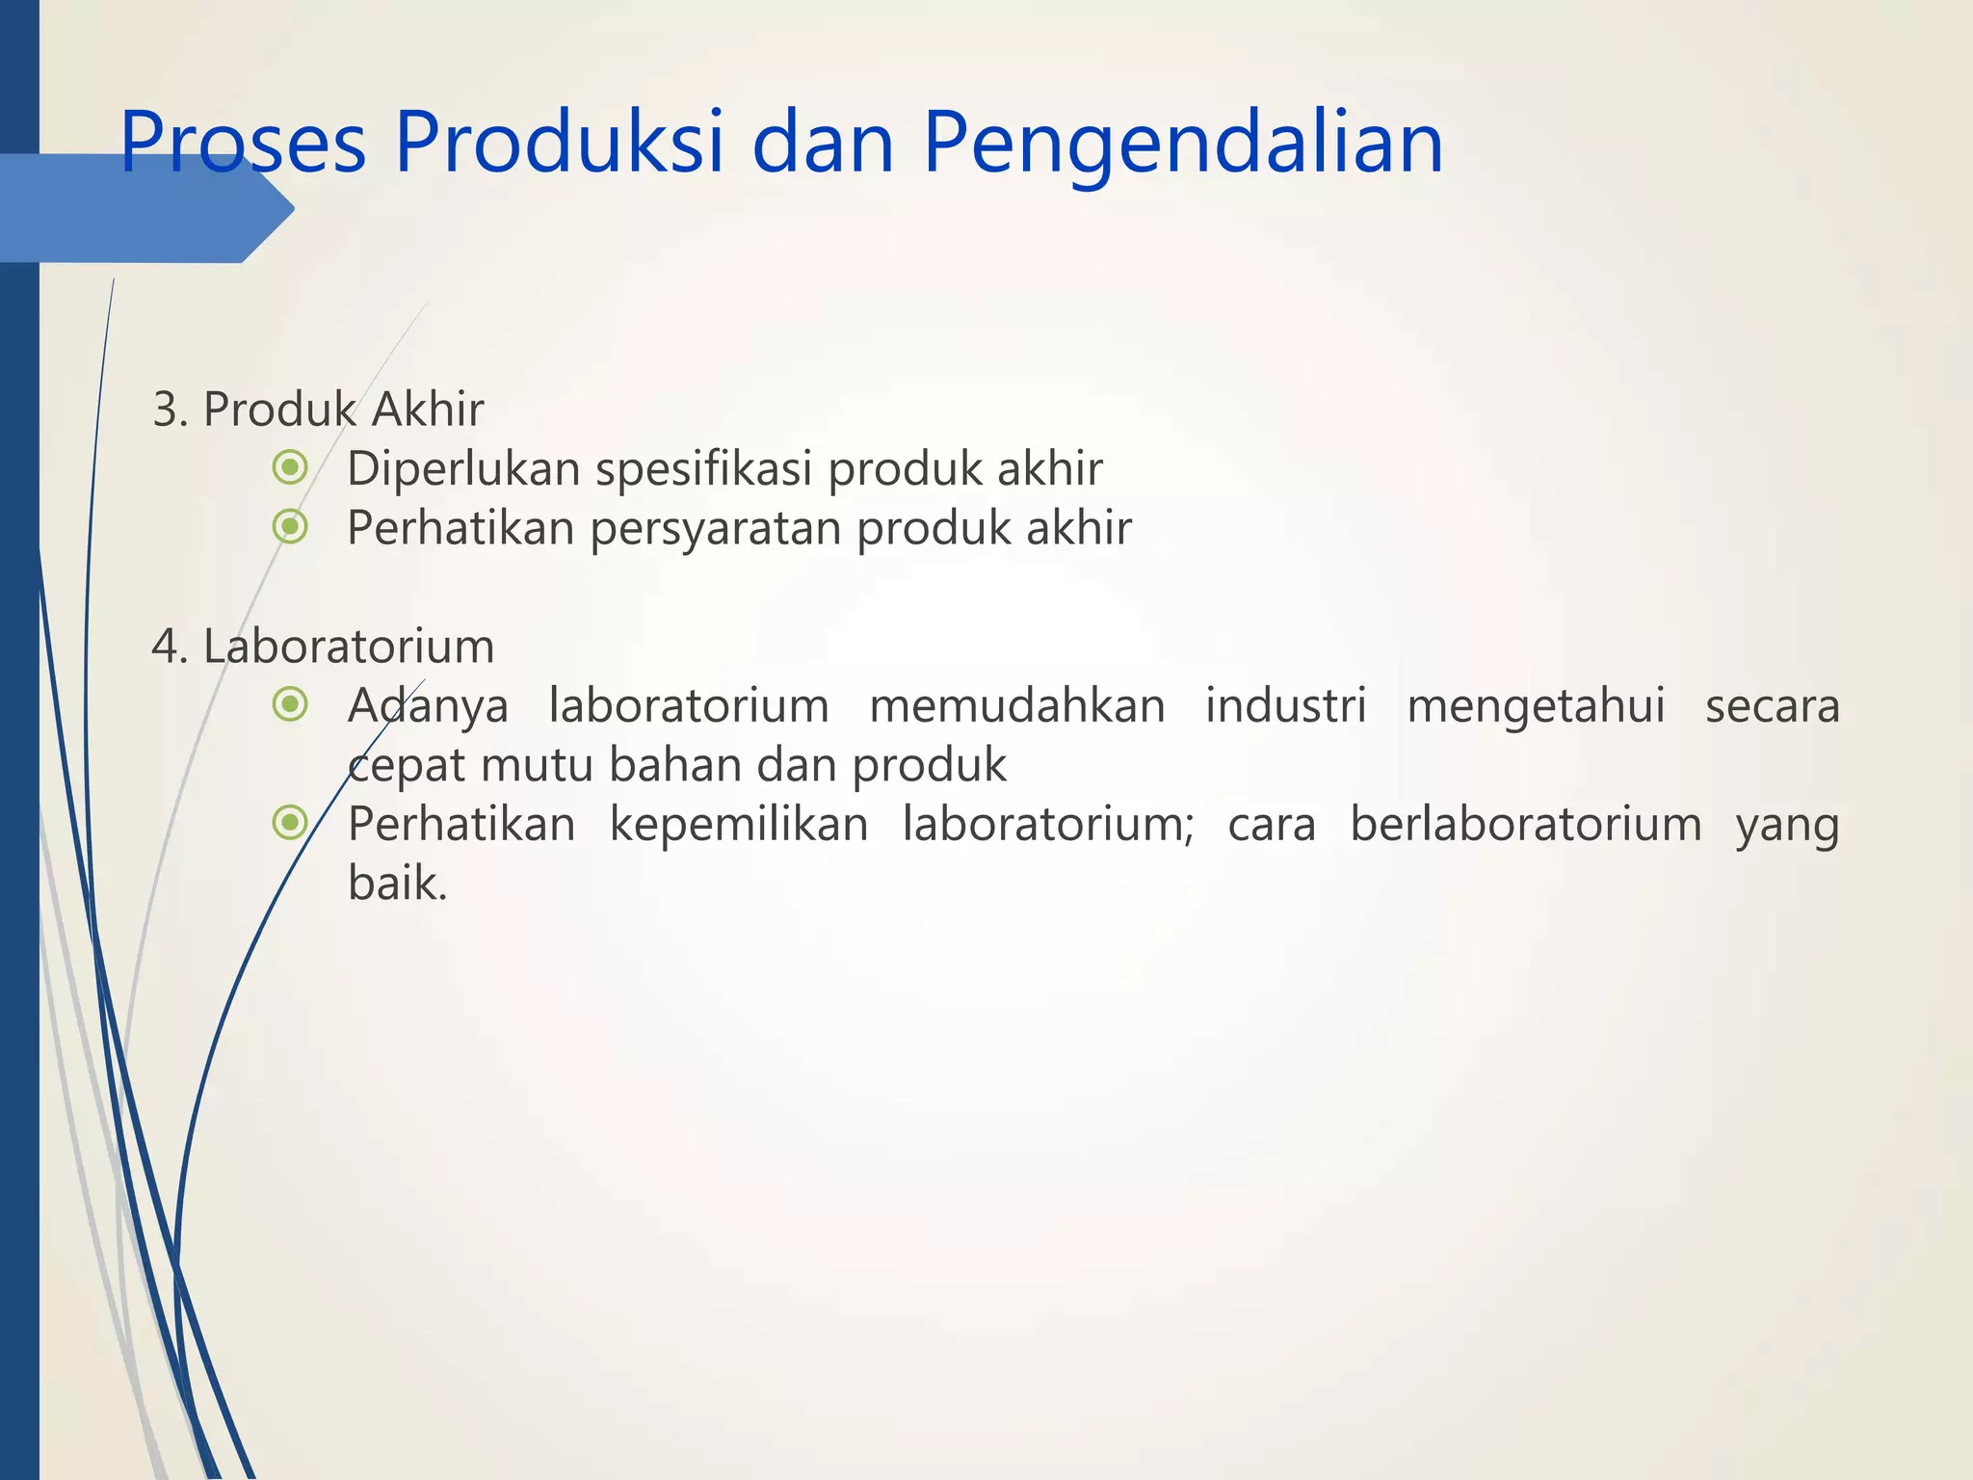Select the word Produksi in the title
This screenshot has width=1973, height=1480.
coord(559,143)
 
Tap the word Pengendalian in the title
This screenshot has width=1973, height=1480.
coord(1183,143)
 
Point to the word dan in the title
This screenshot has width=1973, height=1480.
coord(824,143)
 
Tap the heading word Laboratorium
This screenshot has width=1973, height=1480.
coord(349,647)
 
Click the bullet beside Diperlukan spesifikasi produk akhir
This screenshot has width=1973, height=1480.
coord(290,468)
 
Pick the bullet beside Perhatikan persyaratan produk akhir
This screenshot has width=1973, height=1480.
coord(290,527)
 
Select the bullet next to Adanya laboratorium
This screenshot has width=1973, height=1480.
coord(290,705)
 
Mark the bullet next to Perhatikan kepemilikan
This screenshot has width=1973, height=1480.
coord(290,824)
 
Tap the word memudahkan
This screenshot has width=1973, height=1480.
coord(1017,706)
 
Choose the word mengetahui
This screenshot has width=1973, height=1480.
coord(1536,706)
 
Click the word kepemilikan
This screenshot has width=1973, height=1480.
coord(739,826)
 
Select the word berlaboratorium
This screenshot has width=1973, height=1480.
coord(1526,825)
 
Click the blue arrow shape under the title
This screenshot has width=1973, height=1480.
coord(145,209)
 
